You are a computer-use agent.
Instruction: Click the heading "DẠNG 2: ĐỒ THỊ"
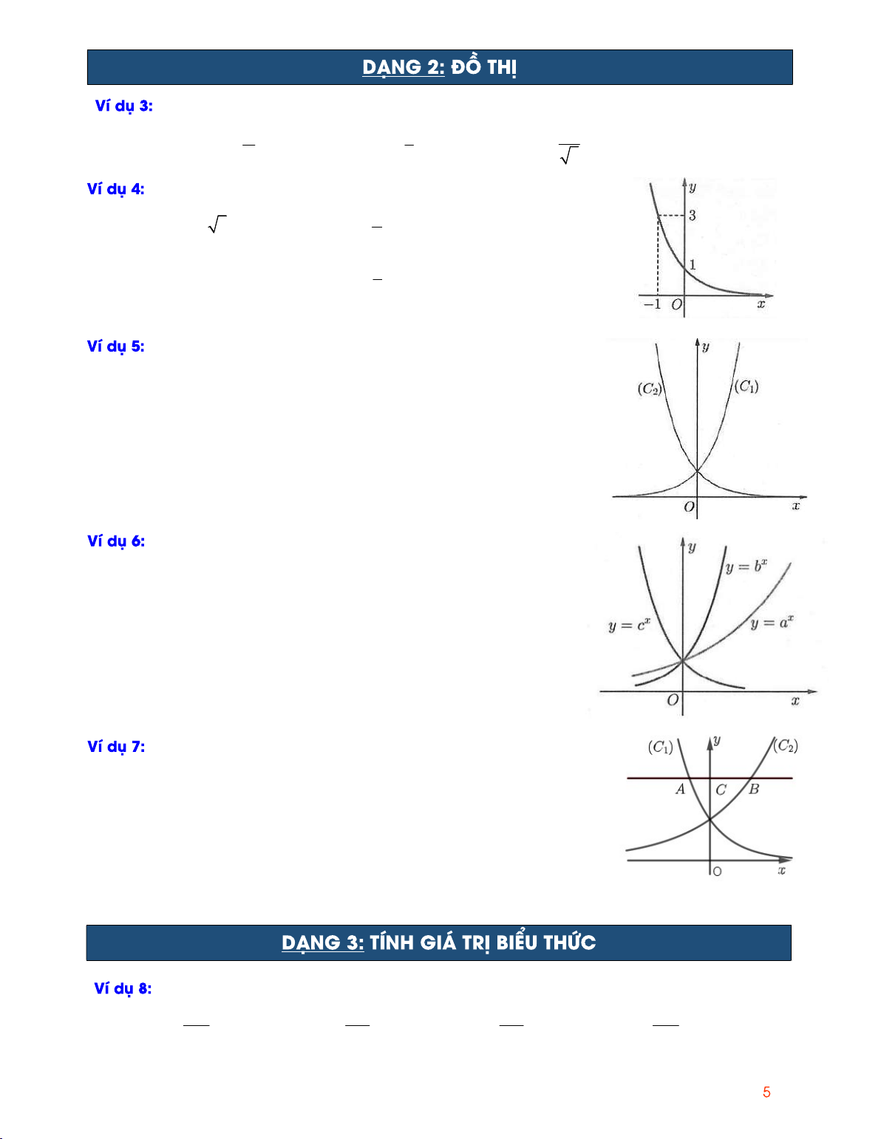click(440, 67)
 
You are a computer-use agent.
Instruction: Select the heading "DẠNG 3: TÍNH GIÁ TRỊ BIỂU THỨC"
click(439, 943)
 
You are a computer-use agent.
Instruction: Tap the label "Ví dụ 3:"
click(123, 106)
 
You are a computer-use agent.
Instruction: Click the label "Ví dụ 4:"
click(116, 189)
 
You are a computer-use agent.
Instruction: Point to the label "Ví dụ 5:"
click(116, 346)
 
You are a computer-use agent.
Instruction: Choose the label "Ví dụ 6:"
click(116, 541)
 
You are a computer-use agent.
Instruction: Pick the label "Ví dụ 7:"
click(116, 747)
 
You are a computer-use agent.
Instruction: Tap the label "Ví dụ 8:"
click(123, 989)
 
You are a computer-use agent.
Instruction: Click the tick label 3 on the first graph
click(693, 215)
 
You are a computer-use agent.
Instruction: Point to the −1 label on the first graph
click(653, 304)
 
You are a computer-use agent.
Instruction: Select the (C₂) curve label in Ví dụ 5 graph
click(650, 389)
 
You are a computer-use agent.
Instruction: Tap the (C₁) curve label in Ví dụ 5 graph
click(746, 386)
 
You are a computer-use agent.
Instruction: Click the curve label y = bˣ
click(746, 567)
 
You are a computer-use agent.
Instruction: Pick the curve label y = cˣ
click(629, 626)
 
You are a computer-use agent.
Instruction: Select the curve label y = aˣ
click(772, 623)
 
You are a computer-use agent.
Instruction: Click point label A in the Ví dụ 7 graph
click(680, 790)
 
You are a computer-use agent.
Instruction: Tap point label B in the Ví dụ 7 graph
click(754, 790)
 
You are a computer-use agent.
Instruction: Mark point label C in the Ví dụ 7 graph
click(721, 790)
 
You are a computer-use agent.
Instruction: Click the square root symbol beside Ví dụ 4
click(217, 224)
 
